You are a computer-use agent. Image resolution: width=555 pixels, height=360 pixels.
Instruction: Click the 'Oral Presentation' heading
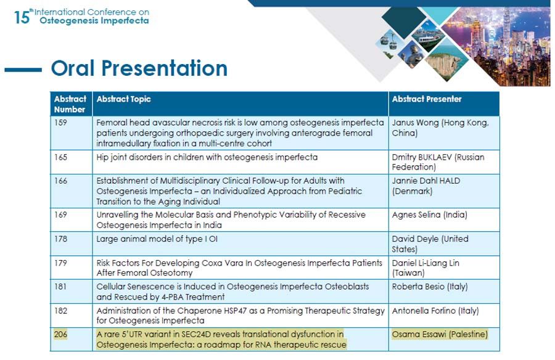pyautogui.click(x=139, y=68)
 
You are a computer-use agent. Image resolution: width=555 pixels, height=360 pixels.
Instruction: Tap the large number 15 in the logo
pyautogui.click(x=21, y=17)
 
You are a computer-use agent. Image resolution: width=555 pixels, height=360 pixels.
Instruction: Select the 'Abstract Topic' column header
pyautogui.click(x=123, y=99)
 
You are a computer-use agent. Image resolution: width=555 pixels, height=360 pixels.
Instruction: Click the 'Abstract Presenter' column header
pyautogui.click(x=427, y=99)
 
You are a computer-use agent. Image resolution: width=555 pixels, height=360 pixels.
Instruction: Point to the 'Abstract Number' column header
pyautogui.click(x=70, y=104)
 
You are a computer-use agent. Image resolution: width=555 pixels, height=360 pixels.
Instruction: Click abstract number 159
pyautogui.click(x=60, y=123)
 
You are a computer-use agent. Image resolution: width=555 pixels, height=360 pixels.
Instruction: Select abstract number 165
pyautogui.click(x=60, y=157)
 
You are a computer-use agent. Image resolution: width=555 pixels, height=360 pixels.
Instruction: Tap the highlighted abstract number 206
pyautogui.click(x=60, y=334)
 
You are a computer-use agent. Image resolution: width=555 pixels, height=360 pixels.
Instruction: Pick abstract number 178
pyautogui.click(x=60, y=239)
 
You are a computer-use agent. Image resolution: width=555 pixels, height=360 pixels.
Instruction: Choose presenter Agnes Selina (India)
pyautogui.click(x=429, y=215)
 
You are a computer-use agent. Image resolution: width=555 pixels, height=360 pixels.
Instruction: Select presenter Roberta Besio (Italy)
pyautogui.click(x=430, y=287)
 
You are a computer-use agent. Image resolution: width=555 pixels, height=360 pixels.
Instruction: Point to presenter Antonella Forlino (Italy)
pyautogui.click(x=435, y=311)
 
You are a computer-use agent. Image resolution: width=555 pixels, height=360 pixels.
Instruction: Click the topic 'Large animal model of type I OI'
pyautogui.click(x=157, y=239)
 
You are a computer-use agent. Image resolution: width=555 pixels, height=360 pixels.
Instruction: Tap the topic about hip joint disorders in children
pyautogui.click(x=207, y=157)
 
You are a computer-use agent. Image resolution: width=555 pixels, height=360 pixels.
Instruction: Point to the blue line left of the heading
pyautogui.click(x=23, y=70)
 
